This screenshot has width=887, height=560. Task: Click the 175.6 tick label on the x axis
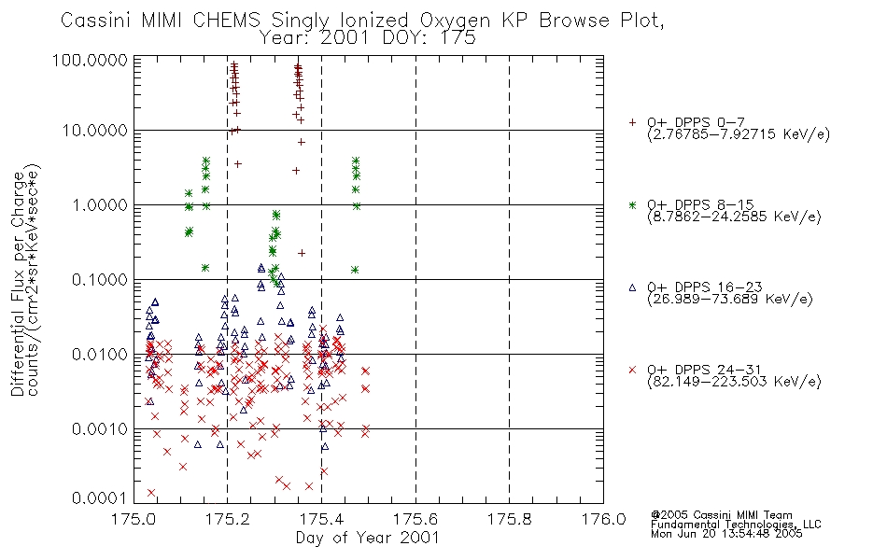[x=415, y=519]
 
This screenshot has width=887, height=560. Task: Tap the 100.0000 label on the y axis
[x=90, y=60]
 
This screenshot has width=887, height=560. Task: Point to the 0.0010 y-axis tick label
[x=100, y=429]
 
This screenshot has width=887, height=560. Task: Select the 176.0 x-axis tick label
[x=603, y=519]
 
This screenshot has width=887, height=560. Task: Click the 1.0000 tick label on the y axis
[x=100, y=204]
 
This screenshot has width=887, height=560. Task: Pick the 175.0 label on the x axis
[x=134, y=519]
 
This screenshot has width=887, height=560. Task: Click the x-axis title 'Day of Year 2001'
[x=368, y=538]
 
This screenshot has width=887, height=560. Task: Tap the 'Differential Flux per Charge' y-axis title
[x=18, y=284]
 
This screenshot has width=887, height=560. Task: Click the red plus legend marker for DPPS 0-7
[x=632, y=122]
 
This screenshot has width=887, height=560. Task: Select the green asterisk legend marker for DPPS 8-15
[x=632, y=204]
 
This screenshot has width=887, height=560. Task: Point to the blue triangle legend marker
[x=632, y=287]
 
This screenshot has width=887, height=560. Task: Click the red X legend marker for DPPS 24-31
[x=632, y=370]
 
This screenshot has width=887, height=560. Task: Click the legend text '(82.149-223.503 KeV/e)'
[x=734, y=382]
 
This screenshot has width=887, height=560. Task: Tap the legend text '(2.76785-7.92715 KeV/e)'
[x=739, y=134]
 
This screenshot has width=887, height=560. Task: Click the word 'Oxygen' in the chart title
[x=455, y=21]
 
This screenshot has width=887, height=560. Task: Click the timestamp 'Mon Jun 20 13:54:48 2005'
[x=726, y=534]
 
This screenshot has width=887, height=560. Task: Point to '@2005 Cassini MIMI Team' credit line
[x=721, y=515]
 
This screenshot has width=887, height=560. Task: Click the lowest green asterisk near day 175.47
[x=355, y=270]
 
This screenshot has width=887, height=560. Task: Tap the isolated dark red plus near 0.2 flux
[x=302, y=253]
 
